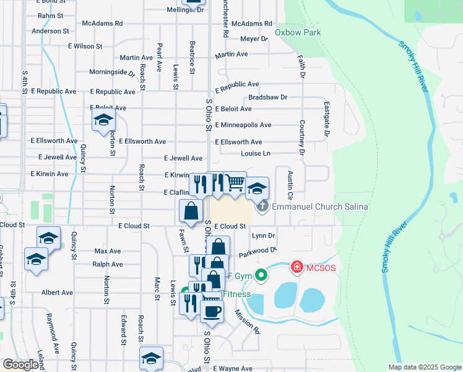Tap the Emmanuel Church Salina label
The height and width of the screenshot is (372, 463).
pyautogui.click(x=320, y=206)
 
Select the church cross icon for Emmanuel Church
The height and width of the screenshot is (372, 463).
pyautogui.click(x=262, y=206)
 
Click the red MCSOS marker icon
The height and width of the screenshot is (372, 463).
pyautogui.click(x=297, y=267)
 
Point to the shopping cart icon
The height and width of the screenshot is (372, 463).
pyautogui.click(x=235, y=182)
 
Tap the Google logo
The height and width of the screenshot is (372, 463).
pyautogui.click(x=20, y=365)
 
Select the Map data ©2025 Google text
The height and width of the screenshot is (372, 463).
pyautogui.click(x=424, y=367)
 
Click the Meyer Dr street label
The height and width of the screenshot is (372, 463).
pyautogui.click(x=254, y=38)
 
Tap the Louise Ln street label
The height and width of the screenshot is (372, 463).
pyautogui.click(x=256, y=153)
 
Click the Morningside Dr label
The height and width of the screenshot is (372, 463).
pyautogui.click(x=112, y=72)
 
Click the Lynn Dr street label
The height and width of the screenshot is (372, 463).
pyautogui.click(x=263, y=236)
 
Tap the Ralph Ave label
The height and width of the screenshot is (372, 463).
pyautogui.click(x=107, y=264)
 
